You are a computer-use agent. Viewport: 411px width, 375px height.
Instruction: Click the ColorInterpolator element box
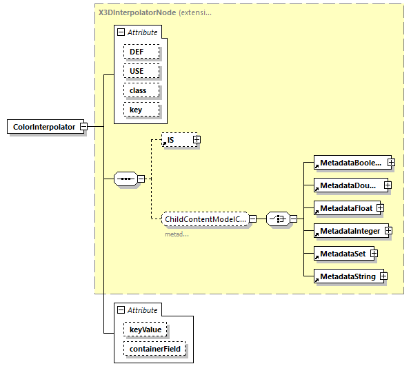click(43, 127)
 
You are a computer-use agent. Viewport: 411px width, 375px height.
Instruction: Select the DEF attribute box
click(141, 52)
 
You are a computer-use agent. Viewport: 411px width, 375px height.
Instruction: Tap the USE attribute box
click(141, 71)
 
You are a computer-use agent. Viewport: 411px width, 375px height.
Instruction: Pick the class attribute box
click(141, 90)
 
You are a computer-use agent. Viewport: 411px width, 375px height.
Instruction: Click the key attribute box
click(141, 110)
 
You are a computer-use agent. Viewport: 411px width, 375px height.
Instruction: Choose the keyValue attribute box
click(146, 330)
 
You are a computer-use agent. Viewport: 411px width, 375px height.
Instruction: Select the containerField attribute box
click(155, 350)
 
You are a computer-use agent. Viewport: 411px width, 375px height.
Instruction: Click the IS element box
click(176, 140)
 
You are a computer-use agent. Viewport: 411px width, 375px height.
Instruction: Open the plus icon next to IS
click(197, 140)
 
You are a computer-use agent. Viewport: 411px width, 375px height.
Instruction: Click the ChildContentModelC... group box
click(205, 219)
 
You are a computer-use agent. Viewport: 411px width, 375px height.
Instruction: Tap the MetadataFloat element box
click(344, 207)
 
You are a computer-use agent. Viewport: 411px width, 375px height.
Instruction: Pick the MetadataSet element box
click(341, 254)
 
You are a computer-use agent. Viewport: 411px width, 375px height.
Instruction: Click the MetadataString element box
click(347, 276)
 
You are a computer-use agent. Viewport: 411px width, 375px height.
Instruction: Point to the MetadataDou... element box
click(348, 185)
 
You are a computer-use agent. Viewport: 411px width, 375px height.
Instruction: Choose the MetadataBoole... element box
click(349, 163)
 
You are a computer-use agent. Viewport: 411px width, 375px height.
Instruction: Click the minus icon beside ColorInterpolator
click(83, 127)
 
